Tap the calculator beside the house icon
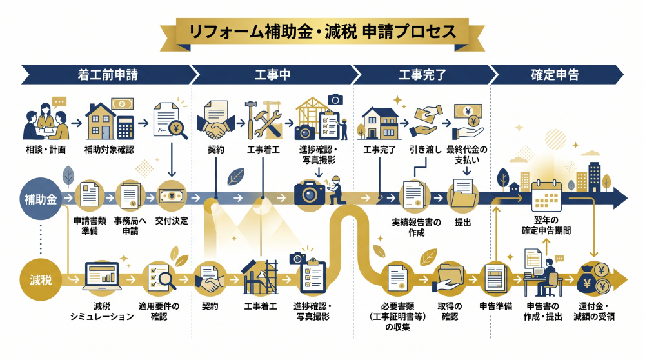(x=125, y=126)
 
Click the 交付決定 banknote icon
(x=172, y=195)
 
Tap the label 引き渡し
(x=425, y=150)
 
